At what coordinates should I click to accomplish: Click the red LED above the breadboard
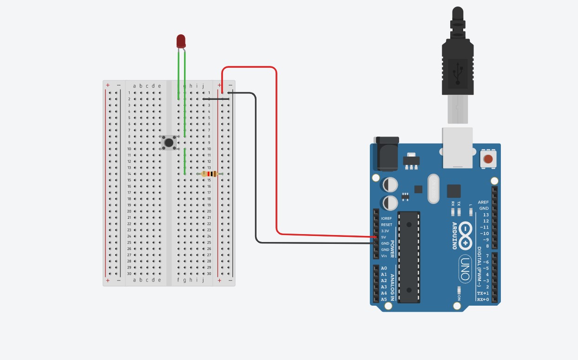[181, 41]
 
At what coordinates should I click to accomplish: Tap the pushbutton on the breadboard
[169, 143]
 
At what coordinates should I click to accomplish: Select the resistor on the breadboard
[210, 174]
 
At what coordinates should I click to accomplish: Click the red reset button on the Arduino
[488, 159]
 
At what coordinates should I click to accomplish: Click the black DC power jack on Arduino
[387, 153]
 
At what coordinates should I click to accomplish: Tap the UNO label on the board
[465, 268]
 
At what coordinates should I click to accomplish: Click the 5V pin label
[384, 237]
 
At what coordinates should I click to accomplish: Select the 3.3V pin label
[385, 231]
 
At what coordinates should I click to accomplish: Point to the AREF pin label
[483, 203]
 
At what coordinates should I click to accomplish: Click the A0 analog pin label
[384, 268]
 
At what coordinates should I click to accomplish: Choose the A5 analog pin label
[384, 299]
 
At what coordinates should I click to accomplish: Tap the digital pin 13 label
[486, 215]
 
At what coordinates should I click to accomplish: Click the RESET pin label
[387, 225]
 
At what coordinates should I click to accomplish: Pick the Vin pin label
[384, 256]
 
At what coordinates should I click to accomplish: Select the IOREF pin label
[386, 218]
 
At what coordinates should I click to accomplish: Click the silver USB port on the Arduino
[457, 148]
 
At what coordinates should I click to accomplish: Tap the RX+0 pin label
[483, 299]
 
